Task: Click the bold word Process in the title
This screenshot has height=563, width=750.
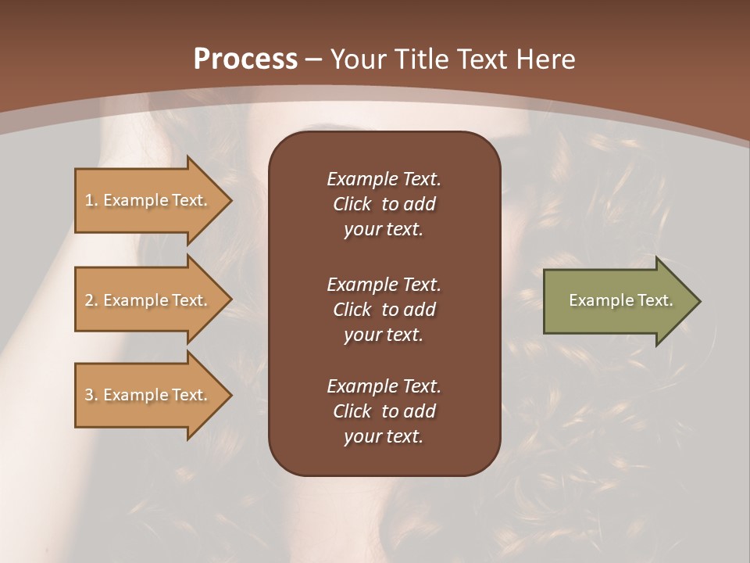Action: coord(245,59)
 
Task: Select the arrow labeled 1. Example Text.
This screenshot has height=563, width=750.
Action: coord(148,200)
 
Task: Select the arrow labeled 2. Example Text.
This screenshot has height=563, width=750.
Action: coord(148,300)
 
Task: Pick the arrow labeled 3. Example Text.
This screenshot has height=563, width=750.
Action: coord(148,395)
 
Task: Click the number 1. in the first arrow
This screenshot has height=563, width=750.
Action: coord(91,200)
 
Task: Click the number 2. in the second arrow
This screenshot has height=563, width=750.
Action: coord(91,300)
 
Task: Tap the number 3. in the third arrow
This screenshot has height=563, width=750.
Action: coord(91,395)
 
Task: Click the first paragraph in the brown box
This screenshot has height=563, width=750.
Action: coord(384,204)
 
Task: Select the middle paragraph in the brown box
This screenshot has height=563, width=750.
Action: coord(384,310)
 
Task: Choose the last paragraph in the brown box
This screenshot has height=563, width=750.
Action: coord(384,411)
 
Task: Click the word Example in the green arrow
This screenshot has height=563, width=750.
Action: coord(595,300)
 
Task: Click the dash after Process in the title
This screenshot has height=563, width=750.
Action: coord(314,59)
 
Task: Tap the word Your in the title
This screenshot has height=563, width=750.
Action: coord(355,59)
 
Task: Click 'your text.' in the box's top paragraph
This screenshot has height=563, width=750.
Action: coord(384,229)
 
